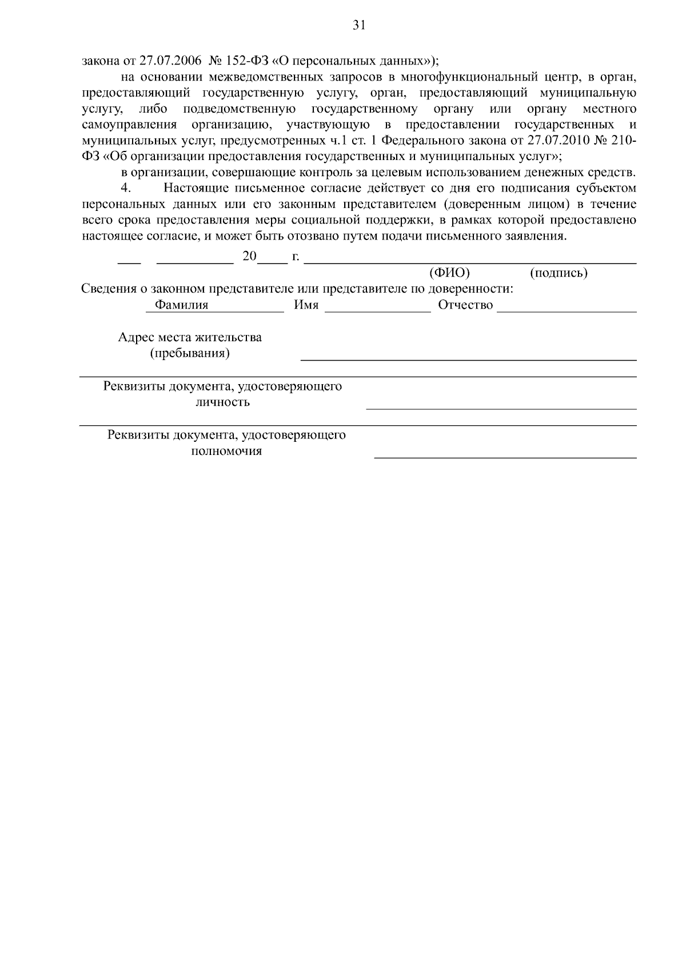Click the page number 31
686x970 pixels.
click(359, 25)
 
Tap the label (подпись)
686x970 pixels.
click(559, 273)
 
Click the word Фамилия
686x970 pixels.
click(181, 305)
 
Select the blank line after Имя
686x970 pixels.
click(377, 312)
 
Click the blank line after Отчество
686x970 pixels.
click(567, 312)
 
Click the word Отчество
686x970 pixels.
click(465, 305)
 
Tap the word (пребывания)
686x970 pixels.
click(190, 353)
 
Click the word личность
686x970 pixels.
click(222, 402)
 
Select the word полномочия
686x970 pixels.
click(226, 451)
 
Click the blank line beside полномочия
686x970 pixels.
click(505, 457)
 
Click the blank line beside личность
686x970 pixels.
click(501, 409)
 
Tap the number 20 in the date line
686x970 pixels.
click(249, 256)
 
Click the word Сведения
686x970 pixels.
click(107, 289)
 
